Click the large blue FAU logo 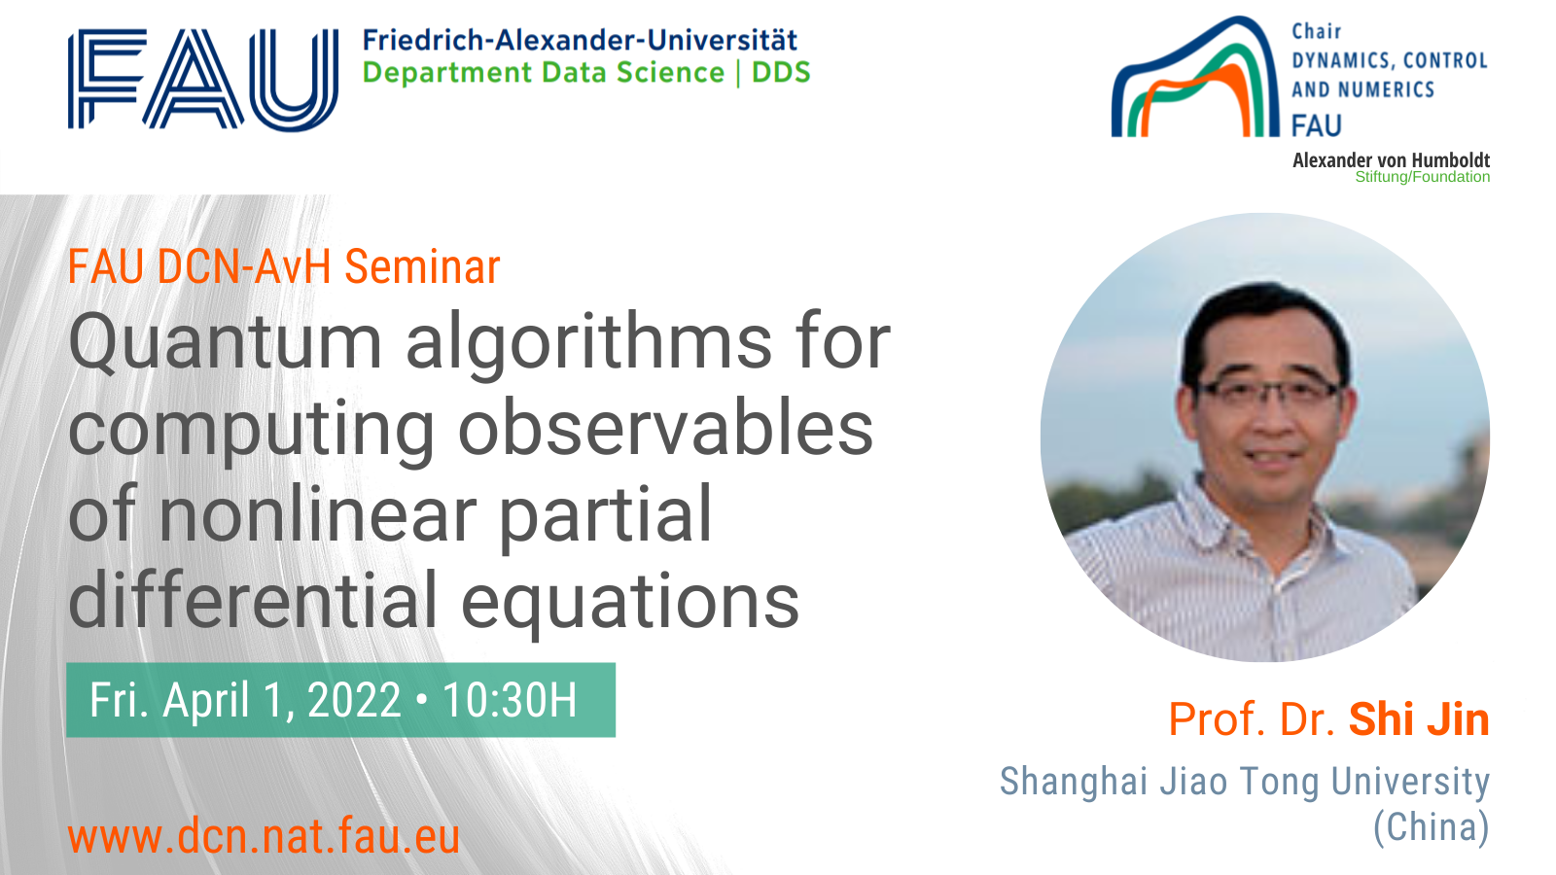pos(203,79)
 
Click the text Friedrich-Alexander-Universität pos(580,40)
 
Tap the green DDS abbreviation pos(782,72)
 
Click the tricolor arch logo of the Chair pos(1195,77)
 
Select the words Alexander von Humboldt pos(1391,160)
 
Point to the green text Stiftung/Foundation pos(1422,177)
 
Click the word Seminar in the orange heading pos(422,266)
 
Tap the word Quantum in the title pos(225,341)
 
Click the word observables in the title pos(665,428)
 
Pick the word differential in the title pos(253,600)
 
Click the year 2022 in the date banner pos(354,700)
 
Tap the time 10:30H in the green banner pos(510,700)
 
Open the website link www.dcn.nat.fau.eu pos(264,836)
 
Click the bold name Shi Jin pos(1419,718)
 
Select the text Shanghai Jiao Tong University pos(1245,782)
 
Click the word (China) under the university pos(1432,827)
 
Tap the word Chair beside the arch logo pos(1317,32)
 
